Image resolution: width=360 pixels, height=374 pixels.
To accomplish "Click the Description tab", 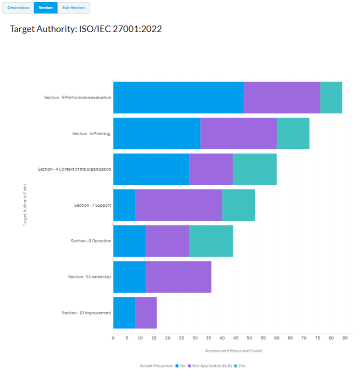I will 18,8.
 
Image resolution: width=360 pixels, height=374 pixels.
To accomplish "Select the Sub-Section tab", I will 73,8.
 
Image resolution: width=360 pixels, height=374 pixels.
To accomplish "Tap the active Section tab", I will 45,8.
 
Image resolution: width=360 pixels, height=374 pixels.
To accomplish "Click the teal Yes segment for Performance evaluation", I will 331,97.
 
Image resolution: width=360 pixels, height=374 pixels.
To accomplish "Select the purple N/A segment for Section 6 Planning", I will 238,133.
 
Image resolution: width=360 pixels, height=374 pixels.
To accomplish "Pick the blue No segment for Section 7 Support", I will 124,205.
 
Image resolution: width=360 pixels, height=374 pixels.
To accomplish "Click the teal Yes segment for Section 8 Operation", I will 211,241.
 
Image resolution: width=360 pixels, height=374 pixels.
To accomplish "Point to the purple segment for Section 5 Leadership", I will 178,277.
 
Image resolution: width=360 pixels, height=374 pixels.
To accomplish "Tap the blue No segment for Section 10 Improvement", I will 124,313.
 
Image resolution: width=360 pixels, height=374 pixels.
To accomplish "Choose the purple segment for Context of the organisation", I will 211,169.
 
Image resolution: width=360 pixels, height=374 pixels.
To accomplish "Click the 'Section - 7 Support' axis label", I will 92,205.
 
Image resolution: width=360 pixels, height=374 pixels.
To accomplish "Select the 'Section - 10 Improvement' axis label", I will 86,313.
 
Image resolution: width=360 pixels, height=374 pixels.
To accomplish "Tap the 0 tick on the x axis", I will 113,338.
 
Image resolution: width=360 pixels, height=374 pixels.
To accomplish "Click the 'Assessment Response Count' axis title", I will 233,350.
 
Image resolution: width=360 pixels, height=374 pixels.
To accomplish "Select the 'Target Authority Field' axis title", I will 25,205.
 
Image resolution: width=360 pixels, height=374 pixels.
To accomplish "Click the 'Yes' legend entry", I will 242,366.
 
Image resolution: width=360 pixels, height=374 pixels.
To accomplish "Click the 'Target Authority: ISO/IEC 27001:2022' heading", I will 85,29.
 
